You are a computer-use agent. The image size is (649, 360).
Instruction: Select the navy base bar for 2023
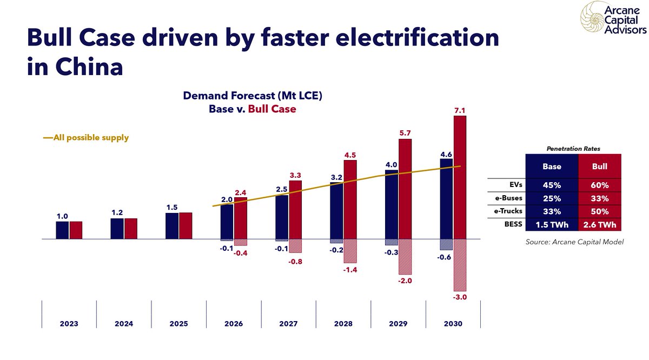62,230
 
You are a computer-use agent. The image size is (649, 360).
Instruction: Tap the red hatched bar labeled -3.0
460,265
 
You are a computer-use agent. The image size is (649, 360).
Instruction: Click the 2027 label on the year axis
288,324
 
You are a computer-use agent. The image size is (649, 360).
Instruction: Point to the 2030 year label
453,324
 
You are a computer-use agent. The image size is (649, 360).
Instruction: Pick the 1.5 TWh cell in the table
552,224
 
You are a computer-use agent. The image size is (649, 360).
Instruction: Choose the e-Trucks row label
508,211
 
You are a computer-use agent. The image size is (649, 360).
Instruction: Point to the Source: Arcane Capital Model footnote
574,243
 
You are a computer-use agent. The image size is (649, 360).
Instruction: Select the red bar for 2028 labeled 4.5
350,199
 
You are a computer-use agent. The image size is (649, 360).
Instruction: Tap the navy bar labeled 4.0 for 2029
392,205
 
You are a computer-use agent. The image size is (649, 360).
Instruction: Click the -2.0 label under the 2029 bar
405,281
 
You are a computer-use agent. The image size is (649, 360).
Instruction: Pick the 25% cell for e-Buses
552,198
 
